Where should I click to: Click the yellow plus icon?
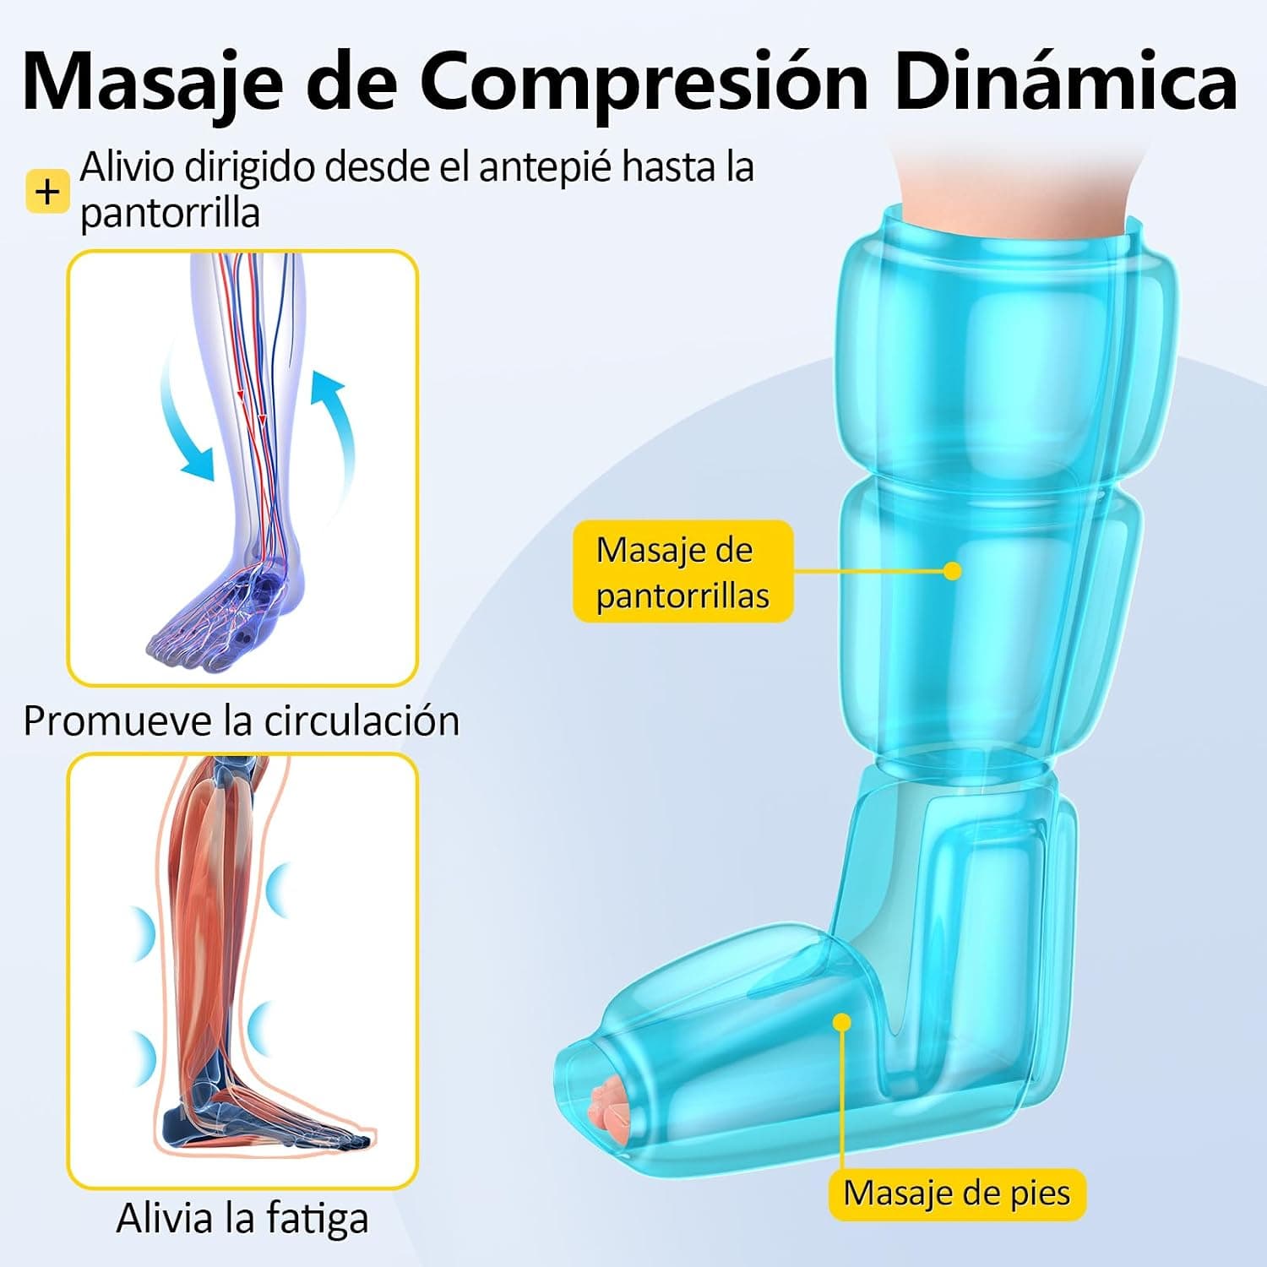pos(47,192)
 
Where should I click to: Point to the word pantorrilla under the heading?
pos(169,213)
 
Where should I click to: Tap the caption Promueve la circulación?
pos(242,721)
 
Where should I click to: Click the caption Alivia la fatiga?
pos(242,1219)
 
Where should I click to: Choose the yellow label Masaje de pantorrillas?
pos(682,572)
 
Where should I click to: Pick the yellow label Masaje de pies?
pos(956,1194)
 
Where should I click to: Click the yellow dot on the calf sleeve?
pos(953,571)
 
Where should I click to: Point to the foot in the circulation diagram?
pos(224,608)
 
